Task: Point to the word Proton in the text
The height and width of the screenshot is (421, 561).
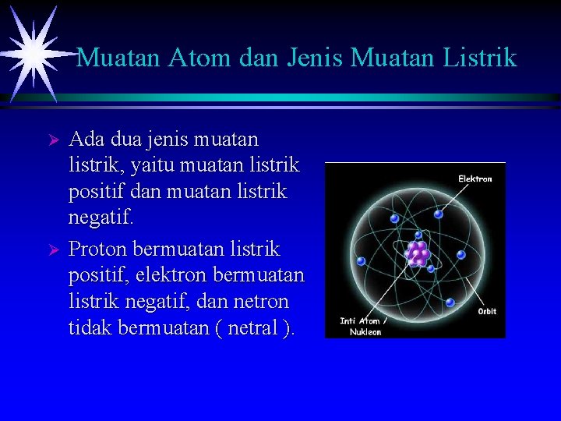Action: (99, 249)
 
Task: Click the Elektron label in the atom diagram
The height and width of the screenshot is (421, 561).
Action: (475, 179)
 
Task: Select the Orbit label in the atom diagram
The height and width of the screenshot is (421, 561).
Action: (487, 311)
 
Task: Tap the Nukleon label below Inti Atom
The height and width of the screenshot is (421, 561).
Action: (365, 331)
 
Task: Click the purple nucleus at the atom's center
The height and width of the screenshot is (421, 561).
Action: (419, 253)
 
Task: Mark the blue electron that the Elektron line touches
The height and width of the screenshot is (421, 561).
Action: (439, 214)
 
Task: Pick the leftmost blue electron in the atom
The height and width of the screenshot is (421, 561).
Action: (361, 261)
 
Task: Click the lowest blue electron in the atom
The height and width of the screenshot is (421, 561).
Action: (450, 302)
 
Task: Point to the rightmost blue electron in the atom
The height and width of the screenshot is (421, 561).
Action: (460, 254)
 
